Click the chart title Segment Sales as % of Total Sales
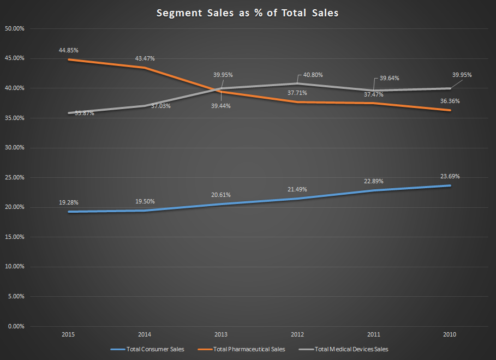247,13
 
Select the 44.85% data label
68,50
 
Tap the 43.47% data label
145,58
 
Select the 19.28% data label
69,202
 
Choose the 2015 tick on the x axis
69,334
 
